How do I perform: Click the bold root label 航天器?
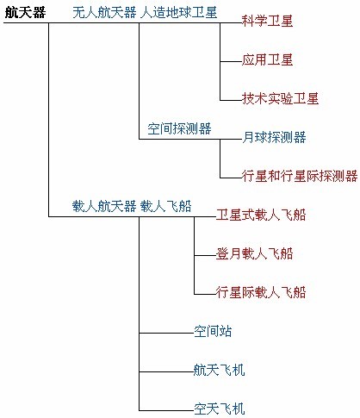pos(25,13)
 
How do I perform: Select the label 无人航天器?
pos(104,13)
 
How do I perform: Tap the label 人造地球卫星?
pos(178,13)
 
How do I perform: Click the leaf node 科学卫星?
pos(267,21)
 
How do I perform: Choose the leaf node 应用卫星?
pos(267,59)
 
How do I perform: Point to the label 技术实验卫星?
pos(280,98)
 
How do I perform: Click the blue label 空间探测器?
pos(179,128)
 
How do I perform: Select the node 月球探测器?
pos(274,137)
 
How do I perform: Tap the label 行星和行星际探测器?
pos(300,176)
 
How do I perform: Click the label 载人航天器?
pos(104,206)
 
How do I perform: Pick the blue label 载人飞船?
pos(165,206)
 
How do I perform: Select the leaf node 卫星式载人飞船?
pos(261,215)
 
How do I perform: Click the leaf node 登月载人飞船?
pos(254,253)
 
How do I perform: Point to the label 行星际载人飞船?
pos(261,292)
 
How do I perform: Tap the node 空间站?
pos(213,331)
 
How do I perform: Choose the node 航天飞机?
pos(220,370)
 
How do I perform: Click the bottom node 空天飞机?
pos(220,409)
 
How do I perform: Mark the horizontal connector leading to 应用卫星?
pos(231,61)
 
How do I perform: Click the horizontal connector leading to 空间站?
pos(166,333)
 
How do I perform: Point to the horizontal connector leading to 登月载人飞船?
pos(205,255)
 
